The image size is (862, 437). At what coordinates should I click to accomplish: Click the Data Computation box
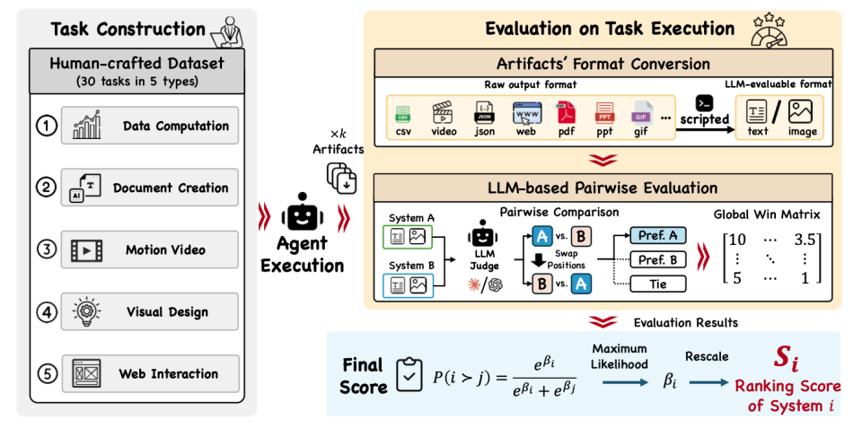click(x=150, y=126)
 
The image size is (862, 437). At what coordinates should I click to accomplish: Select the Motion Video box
click(x=150, y=249)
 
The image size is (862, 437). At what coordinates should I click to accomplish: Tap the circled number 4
click(x=47, y=311)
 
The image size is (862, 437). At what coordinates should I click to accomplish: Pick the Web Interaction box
click(x=150, y=374)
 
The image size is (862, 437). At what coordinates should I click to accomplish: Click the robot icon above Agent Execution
click(x=302, y=213)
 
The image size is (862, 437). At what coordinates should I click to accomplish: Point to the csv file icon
click(x=403, y=114)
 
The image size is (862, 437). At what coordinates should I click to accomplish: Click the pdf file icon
click(x=567, y=113)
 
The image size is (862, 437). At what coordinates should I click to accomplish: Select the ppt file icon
click(x=604, y=113)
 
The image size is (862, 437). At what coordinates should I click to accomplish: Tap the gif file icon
click(x=642, y=113)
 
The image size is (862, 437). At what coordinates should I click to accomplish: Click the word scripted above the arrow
click(x=704, y=118)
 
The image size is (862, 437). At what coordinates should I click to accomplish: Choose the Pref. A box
click(x=658, y=235)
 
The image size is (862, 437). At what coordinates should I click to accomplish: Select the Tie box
click(x=658, y=284)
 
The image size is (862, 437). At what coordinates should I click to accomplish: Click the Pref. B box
click(x=658, y=259)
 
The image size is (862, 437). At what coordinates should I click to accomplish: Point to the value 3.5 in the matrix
click(x=805, y=239)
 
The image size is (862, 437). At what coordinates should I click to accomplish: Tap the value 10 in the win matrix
click(x=737, y=239)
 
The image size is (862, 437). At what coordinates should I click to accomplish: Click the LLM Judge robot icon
click(x=483, y=233)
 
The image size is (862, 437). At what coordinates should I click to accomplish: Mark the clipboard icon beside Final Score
click(x=409, y=375)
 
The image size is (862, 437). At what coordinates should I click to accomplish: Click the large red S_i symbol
click(x=787, y=358)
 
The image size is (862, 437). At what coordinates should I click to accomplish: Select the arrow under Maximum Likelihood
click(x=626, y=382)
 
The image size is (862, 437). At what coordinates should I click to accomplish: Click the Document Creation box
click(x=150, y=188)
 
